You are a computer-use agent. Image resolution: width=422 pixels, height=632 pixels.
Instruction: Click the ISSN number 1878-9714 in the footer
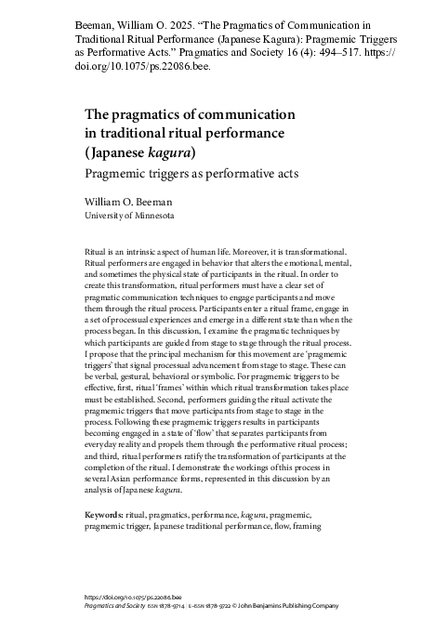(182, 608)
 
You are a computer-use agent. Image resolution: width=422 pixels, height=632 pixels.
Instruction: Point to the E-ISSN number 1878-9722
(236, 608)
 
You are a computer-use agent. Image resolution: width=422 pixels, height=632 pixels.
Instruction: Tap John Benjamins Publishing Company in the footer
(302, 608)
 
